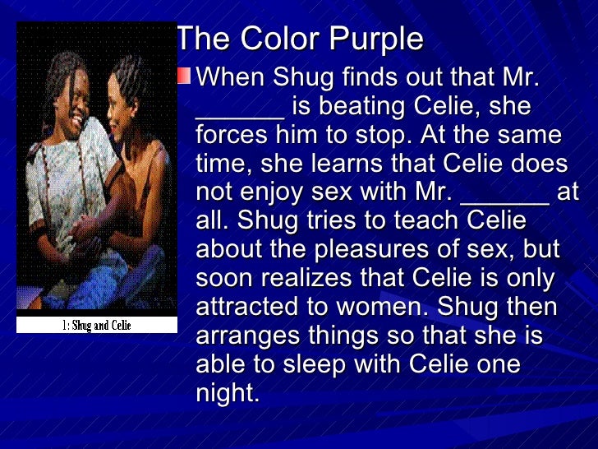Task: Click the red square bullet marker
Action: [x=185, y=76]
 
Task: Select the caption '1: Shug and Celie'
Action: [x=97, y=325]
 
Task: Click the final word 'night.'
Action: [x=228, y=392]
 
